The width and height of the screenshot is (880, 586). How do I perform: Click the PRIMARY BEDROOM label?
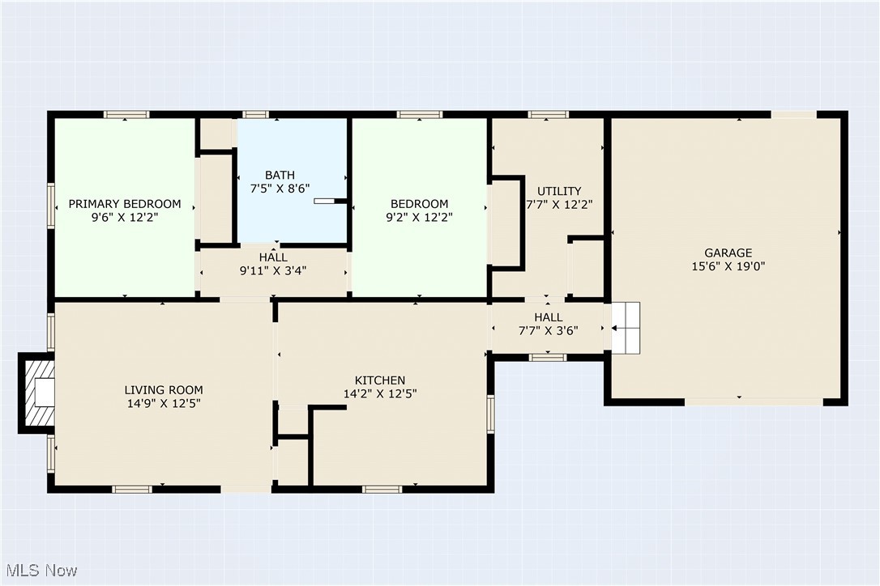[125, 204]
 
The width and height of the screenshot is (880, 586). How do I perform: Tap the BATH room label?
[280, 176]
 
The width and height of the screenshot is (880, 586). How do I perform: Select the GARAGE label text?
[728, 253]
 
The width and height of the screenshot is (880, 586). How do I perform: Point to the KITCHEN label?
[380, 380]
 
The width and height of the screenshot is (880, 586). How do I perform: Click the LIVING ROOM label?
[164, 390]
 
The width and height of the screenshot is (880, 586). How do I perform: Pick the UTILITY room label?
[559, 191]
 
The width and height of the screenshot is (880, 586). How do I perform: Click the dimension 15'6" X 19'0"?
[728, 266]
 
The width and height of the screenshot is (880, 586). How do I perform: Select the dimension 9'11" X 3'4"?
[273, 271]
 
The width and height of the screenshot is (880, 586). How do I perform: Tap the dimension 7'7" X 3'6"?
[549, 331]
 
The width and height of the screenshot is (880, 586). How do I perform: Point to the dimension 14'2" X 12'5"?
[380, 393]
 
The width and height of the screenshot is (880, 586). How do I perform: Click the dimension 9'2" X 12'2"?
[419, 218]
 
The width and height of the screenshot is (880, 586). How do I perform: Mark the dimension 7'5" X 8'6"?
[280, 189]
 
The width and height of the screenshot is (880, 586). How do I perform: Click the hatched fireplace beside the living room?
[37, 393]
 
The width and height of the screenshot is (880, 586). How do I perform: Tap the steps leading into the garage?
[626, 328]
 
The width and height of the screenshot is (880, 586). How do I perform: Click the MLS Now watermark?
[41, 571]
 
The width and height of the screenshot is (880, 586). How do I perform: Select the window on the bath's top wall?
[255, 114]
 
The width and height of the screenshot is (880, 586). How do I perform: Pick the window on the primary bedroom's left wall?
[51, 206]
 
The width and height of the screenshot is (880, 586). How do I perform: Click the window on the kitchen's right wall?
[490, 414]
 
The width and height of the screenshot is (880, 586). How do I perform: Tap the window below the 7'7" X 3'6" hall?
[549, 357]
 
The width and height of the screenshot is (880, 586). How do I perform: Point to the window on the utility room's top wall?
[549, 114]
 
